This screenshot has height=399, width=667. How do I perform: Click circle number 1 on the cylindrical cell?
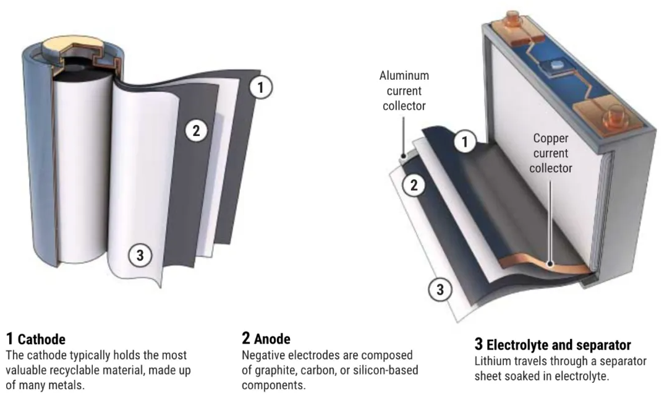(x=260, y=88)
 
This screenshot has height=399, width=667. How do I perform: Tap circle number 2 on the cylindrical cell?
(x=196, y=130)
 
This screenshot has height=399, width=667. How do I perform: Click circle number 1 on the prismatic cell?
(x=465, y=142)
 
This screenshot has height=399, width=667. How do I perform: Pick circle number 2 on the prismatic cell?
(x=412, y=185)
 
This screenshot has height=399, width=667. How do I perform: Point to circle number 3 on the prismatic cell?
(x=440, y=289)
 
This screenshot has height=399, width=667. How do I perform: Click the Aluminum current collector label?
(x=404, y=90)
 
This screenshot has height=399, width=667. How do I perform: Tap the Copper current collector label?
(x=551, y=152)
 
